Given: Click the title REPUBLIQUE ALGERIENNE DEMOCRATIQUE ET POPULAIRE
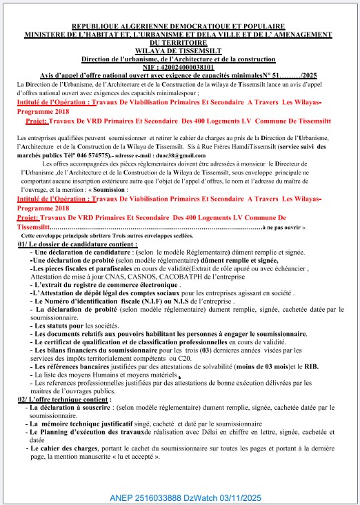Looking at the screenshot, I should coord(179,27).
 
